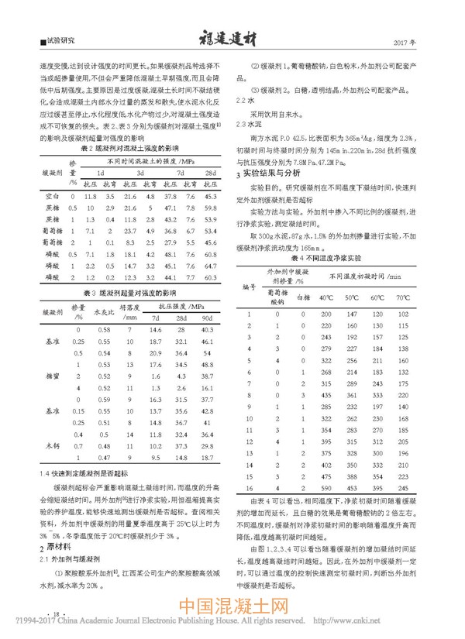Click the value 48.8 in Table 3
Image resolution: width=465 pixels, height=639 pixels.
pyautogui.click(x=207, y=388)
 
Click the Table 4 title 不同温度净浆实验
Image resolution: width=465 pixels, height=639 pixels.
pyautogui.click(x=342, y=277)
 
